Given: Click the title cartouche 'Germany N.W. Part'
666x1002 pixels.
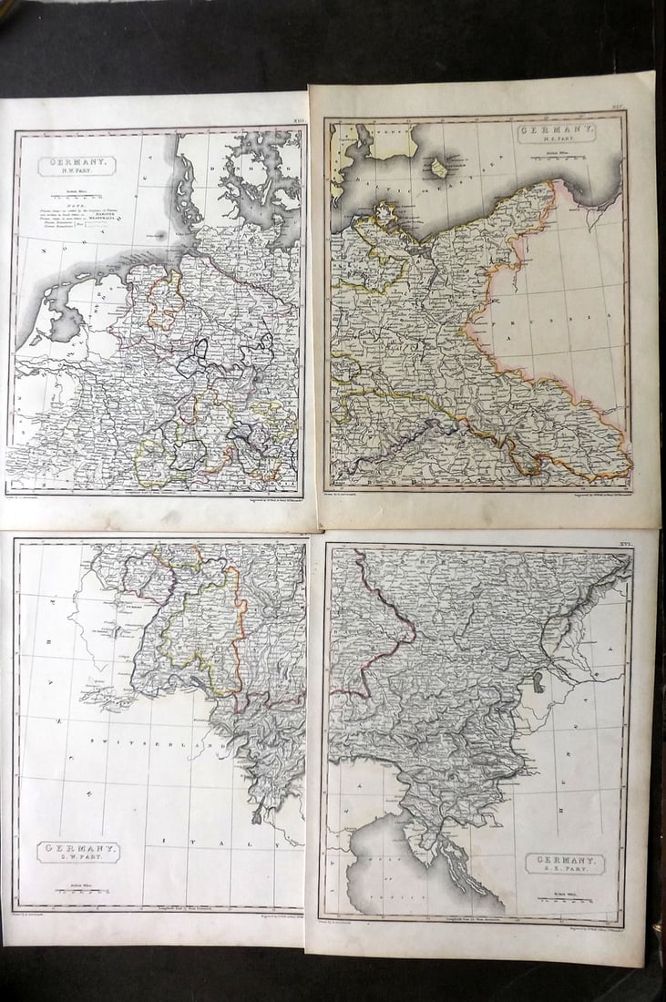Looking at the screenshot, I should coord(77,166).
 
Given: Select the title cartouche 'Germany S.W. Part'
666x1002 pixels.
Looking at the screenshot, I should coord(78,852).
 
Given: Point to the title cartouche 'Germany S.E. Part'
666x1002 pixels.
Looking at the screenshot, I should coord(565,863).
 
